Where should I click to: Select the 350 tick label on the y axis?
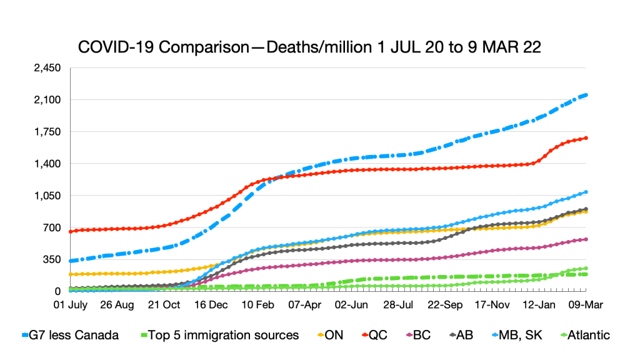(x=52, y=259)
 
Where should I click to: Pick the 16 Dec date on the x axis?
(x=211, y=306)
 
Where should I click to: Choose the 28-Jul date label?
(x=400, y=306)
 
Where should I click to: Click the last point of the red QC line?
(x=586, y=137)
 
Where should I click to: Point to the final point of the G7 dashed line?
(x=586, y=95)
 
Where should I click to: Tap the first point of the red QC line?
(x=71, y=231)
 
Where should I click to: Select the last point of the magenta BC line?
(x=586, y=239)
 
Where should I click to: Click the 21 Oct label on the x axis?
(x=164, y=306)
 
